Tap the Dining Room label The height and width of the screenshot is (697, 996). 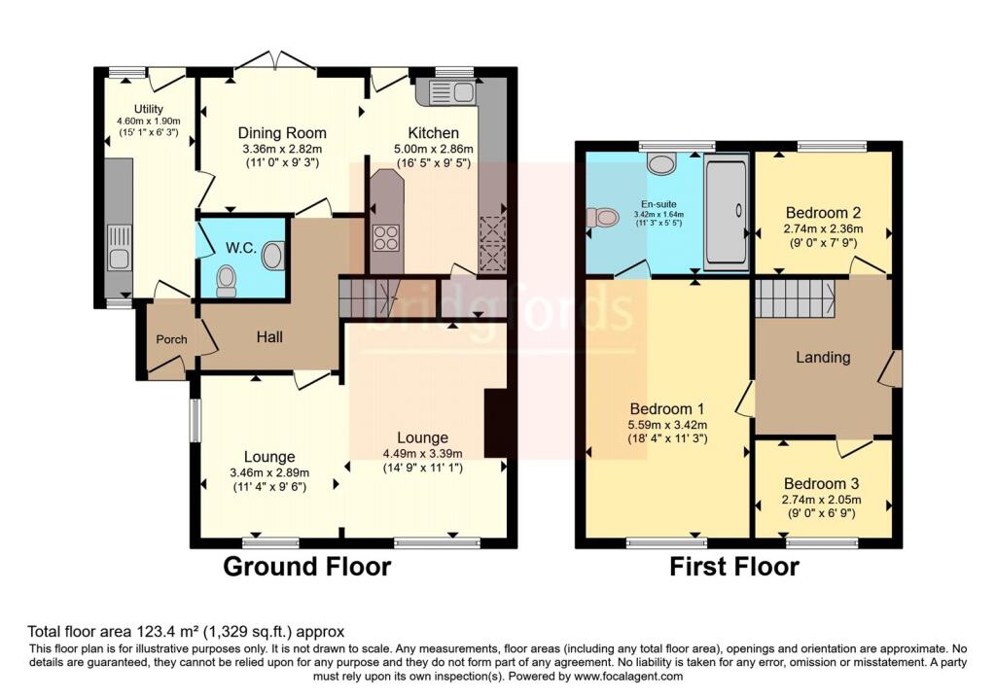[x=282, y=133]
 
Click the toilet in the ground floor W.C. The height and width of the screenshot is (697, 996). [x=227, y=281]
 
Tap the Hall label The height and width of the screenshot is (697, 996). [x=269, y=336]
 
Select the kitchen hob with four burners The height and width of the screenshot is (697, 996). [x=385, y=236]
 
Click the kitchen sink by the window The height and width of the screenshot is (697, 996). [x=450, y=93]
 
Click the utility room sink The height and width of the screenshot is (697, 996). [x=119, y=249]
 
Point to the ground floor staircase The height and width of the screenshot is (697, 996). [x=370, y=295]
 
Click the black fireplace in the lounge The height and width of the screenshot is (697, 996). [x=495, y=423]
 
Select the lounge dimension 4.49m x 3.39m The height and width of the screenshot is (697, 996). [x=422, y=453]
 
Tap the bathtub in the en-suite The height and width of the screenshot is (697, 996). [x=726, y=211]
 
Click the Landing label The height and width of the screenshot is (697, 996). [x=823, y=357]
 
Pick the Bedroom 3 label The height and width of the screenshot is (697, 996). [x=823, y=483]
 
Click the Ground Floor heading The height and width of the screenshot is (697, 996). [x=307, y=566]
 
